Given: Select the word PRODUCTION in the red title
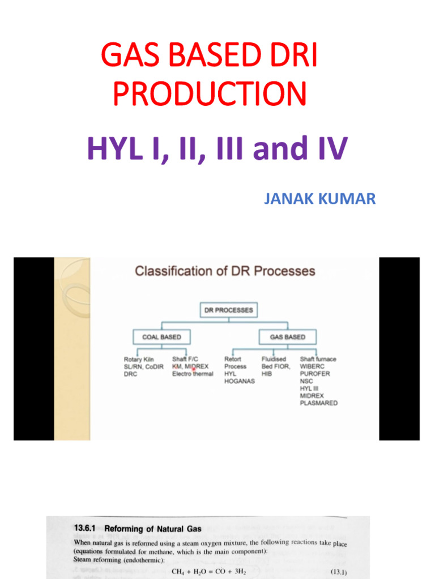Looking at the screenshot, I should tap(210, 94).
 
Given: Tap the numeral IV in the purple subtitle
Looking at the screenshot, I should tap(329, 149).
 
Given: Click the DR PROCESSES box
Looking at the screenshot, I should tap(228, 310).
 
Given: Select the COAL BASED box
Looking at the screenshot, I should tap(161, 337).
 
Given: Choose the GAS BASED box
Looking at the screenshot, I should tap(287, 337).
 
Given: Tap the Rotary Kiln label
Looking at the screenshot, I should tap(139, 359).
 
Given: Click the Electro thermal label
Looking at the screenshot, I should tap(193, 374).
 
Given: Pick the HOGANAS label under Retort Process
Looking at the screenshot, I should tap(240, 381).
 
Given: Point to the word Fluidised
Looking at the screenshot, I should tap(274, 359).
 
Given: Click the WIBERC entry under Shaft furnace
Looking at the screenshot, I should tap(313, 366).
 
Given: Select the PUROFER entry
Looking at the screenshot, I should tap(315, 374).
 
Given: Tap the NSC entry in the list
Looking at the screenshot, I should tap(306, 381).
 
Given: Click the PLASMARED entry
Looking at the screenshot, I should tap(318, 403).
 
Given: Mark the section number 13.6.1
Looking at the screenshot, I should tap(86, 529).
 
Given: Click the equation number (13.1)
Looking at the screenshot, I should tap(338, 572).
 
